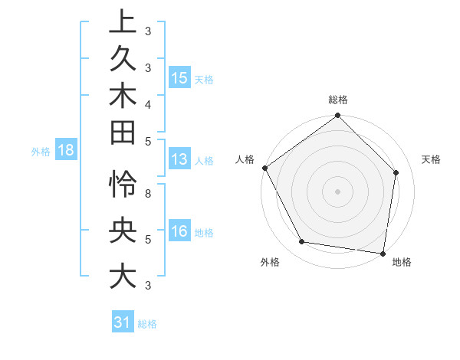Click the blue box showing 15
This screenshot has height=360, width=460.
pyautogui.click(x=179, y=78)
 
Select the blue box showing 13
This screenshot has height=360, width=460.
pyautogui.click(x=179, y=160)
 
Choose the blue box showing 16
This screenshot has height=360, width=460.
pyautogui.click(x=179, y=232)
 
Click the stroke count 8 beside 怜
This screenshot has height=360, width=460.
pyautogui.click(x=148, y=194)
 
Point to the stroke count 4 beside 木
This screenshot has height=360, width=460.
pyautogui.click(x=148, y=104)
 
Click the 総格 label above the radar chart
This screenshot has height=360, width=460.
pyautogui.click(x=338, y=100)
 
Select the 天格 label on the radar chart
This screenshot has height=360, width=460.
pyautogui.click(x=432, y=159)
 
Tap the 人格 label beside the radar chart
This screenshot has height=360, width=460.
pyautogui.click(x=245, y=159)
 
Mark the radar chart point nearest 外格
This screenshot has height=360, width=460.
pyautogui.click(x=302, y=242)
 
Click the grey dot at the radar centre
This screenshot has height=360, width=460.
pyautogui.click(x=338, y=191)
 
